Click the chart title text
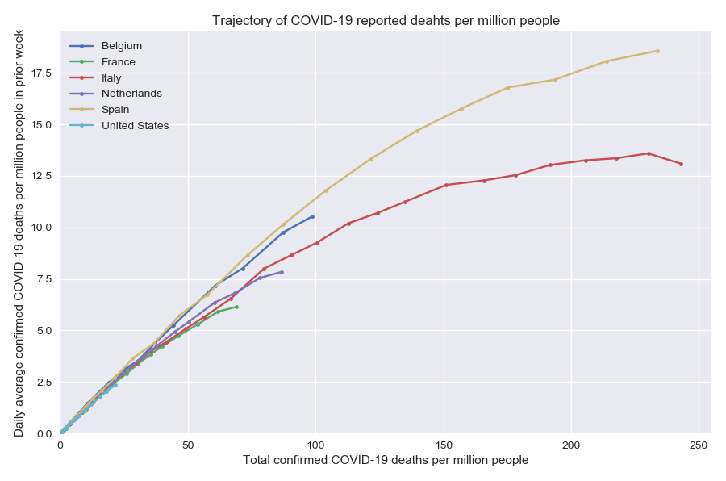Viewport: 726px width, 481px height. click(386, 19)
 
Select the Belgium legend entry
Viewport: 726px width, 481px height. click(121, 46)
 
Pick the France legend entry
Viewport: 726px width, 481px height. click(118, 62)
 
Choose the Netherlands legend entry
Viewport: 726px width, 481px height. click(131, 94)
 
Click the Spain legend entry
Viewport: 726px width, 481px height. click(115, 110)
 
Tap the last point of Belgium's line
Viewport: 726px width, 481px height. click(312, 216)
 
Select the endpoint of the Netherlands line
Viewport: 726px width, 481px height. click(282, 272)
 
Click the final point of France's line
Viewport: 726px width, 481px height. click(236, 307)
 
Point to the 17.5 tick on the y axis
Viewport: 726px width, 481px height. click(40, 73)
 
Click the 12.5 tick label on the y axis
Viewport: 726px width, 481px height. click(40, 176)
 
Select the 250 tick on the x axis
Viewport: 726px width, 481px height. click(699, 445)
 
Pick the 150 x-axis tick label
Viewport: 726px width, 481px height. click(444, 445)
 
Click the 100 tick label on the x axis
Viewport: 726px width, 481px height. click(315, 445)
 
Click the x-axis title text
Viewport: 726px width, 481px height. click(386, 461)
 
